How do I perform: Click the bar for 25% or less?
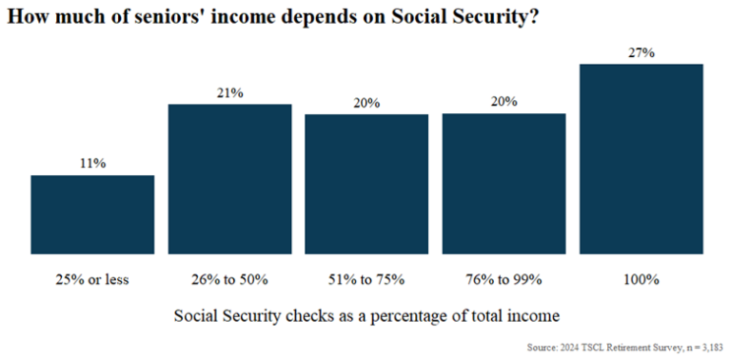[x=92, y=214]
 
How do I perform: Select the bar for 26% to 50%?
[x=229, y=179]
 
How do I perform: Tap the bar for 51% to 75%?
[x=366, y=184]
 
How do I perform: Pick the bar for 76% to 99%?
[x=504, y=184]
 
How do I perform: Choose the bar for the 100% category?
[x=641, y=159]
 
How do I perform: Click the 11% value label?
[x=92, y=164]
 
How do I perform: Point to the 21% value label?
[x=229, y=92]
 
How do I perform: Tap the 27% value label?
[x=641, y=53]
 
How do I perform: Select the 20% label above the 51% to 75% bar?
[x=366, y=103]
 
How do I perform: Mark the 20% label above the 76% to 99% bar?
[x=504, y=103]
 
